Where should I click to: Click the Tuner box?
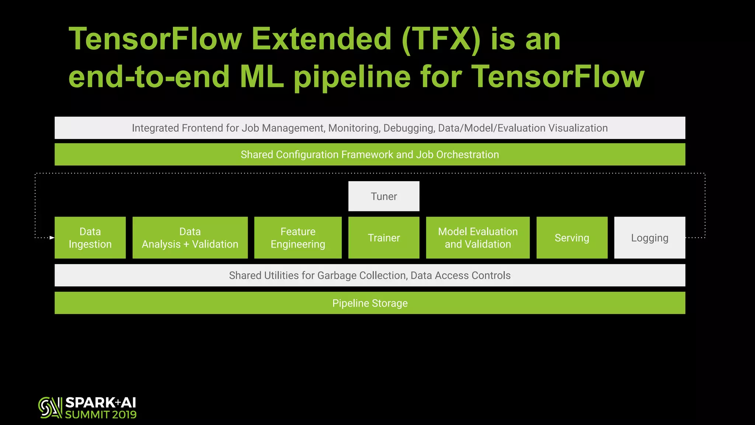click(384, 196)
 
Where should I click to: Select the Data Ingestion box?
click(90, 238)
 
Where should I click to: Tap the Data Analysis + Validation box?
click(190, 238)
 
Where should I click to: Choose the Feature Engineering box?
click(298, 238)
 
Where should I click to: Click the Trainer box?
click(384, 238)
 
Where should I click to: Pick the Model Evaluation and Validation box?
click(478, 238)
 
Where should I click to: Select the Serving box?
click(572, 238)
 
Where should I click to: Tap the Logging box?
click(650, 238)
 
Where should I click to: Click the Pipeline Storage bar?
click(370, 303)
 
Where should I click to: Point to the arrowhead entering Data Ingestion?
click(52, 238)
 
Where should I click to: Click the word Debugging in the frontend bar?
click(409, 128)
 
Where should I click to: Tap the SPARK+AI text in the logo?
click(101, 402)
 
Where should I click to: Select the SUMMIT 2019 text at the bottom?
click(101, 415)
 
